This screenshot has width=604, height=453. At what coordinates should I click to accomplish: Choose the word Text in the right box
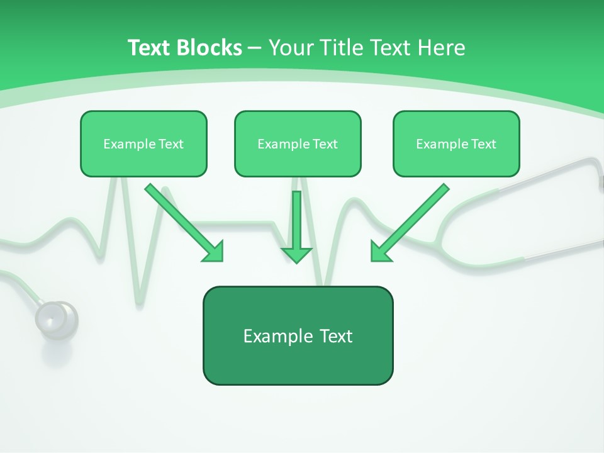pos(483,144)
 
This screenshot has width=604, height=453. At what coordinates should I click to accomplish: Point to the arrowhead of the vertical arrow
pos(296,254)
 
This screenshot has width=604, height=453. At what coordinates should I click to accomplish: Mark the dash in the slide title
pos(255,48)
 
